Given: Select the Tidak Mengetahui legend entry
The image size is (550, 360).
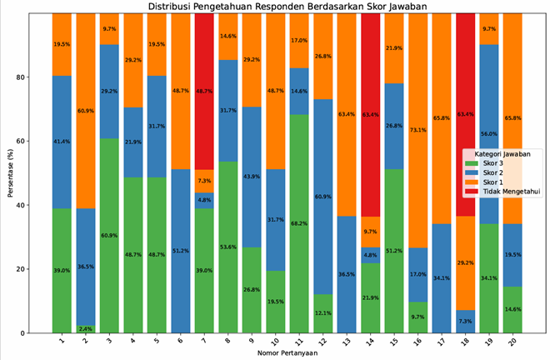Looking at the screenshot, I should point(509,191).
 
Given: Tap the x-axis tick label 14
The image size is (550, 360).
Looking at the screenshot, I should point(372,342).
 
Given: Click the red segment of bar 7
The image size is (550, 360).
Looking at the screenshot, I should point(204,91).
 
